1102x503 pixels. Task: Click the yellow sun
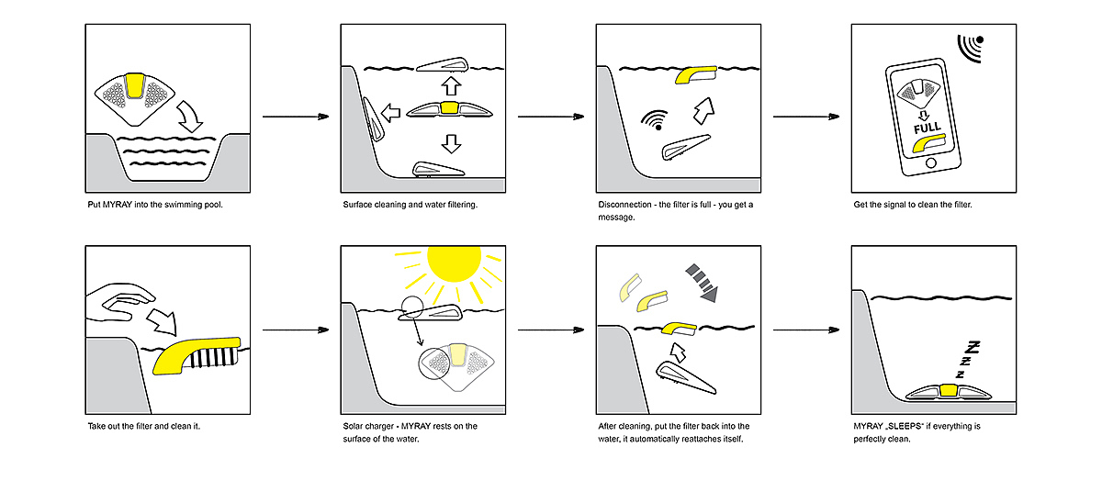point(454,263)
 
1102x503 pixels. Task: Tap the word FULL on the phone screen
point(928,128)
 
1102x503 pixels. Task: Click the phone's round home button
point(930,162)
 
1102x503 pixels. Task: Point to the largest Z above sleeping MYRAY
point(973,348)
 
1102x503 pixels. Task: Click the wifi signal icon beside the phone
point(971,48)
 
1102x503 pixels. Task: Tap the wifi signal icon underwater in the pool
point(655,120)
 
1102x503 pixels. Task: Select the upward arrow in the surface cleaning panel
point(451,85)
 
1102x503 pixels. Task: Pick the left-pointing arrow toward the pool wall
point(390,113)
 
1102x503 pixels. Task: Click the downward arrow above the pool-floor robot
point(451,143)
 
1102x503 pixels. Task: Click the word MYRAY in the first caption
point(118,205)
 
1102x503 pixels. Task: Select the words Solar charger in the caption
point(368,426)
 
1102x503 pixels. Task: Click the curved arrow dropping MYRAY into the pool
point(190,117)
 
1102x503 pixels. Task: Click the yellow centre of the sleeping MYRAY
point(948,390)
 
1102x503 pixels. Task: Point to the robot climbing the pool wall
point(374,119)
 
